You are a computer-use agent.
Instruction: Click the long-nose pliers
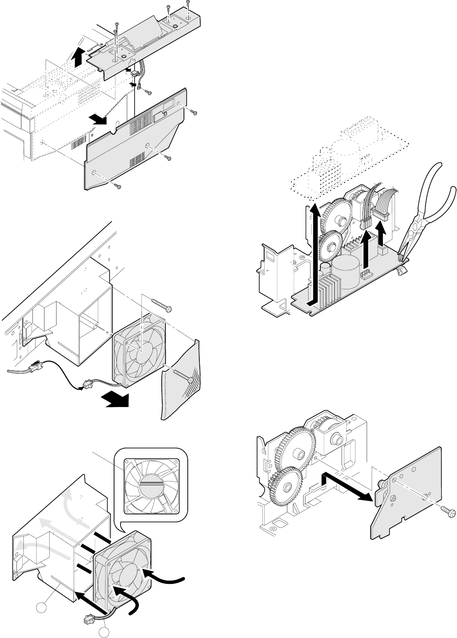click(424, 213)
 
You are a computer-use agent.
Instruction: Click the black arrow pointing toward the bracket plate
click(348, 486)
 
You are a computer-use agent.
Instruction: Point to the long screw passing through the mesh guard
click(183, 375)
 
